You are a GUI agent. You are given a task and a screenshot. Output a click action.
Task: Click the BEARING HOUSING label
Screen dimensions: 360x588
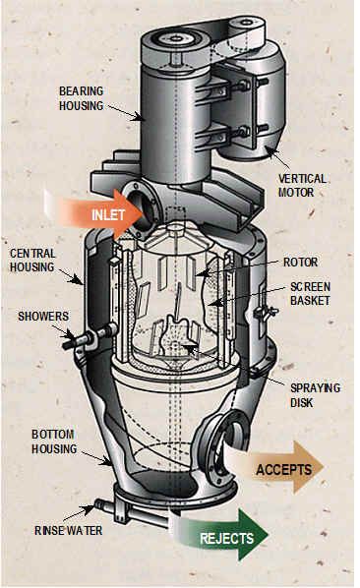click(x=82, y=98)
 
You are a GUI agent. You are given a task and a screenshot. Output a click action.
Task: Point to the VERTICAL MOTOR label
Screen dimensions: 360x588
click(x=302, y=186)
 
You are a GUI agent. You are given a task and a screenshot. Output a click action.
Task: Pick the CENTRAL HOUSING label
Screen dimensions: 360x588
click(x=32, y=261)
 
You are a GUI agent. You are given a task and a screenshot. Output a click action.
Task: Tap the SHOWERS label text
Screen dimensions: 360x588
click(x=43, y=317)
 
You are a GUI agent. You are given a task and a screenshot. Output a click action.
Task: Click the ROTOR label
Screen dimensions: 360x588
click(x=300, y=263)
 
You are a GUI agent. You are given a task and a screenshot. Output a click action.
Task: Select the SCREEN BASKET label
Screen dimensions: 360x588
click(x=311, y=294)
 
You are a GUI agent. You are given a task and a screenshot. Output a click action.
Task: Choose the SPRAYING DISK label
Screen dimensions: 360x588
click(x=316, y=395)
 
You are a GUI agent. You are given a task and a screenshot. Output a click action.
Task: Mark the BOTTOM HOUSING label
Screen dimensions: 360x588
click(x=54, y=441)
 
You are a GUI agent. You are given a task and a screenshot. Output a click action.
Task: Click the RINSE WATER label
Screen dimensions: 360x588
click(x=68, y=531)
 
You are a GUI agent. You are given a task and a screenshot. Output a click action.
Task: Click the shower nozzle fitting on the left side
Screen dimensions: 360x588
click(x=90, y=338)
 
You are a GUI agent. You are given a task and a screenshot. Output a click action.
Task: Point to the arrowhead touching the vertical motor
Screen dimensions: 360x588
click(x=270, y=150)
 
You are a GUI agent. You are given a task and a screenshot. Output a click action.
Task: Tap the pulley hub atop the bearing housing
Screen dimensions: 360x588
click(x=175, y=38)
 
